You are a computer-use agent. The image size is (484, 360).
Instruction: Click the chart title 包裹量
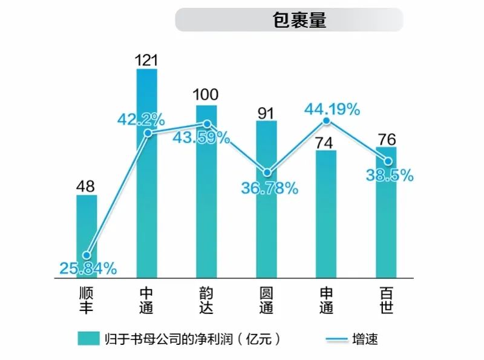click(299, 20)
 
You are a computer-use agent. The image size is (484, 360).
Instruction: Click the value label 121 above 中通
click(146, 59)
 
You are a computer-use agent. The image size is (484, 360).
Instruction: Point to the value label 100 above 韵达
click(206, 95)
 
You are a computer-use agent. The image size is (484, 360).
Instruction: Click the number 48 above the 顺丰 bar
click(86, 185)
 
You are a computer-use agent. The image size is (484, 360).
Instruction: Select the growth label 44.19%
click(332, 110)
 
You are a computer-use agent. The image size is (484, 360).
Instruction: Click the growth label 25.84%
click(88, 268)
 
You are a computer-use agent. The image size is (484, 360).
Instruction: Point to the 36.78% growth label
click(269, 189)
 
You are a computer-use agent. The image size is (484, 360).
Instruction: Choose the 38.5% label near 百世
click(390, 175)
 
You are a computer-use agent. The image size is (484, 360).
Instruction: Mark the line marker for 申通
click(327, 122)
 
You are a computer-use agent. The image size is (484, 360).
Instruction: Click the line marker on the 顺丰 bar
click(87, 255)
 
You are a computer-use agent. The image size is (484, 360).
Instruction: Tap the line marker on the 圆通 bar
click(266, 172)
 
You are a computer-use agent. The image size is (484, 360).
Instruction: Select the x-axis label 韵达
click(206, 300)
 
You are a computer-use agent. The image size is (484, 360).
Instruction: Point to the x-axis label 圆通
click(266, 300)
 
